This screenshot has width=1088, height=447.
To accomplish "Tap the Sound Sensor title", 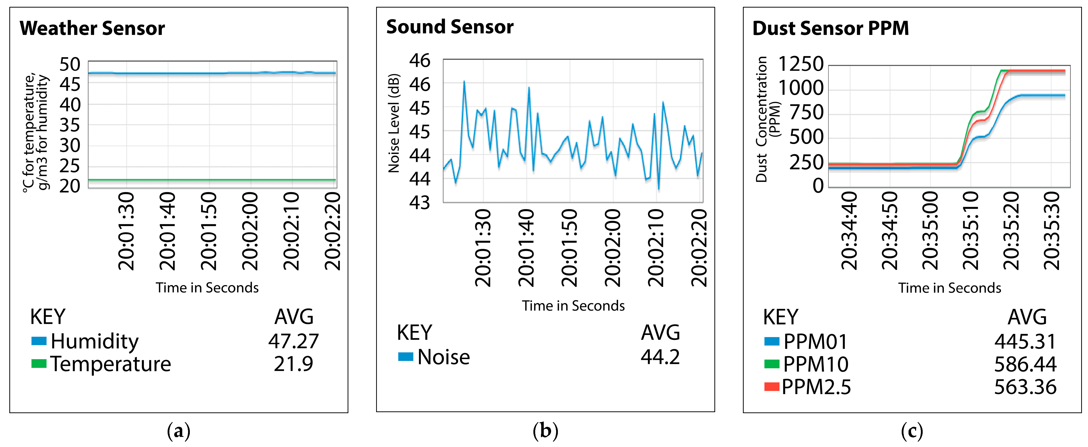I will tap(450, 27).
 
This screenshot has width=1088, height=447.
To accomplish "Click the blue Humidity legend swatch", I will tap(39, 341).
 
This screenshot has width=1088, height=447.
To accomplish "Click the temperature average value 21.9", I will tap(294, 364).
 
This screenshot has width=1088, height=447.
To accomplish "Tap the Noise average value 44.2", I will tap(660, 357).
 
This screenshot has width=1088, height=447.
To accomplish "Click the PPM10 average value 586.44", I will tap(1025, 364).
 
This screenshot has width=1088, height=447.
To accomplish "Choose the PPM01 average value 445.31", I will tap(1025, 341).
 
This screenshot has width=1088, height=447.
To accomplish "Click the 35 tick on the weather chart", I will tap(70, 125).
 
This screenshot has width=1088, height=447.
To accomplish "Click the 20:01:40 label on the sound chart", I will tap(526, 249).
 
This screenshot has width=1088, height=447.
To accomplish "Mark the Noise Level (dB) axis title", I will tap(394, 123).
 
